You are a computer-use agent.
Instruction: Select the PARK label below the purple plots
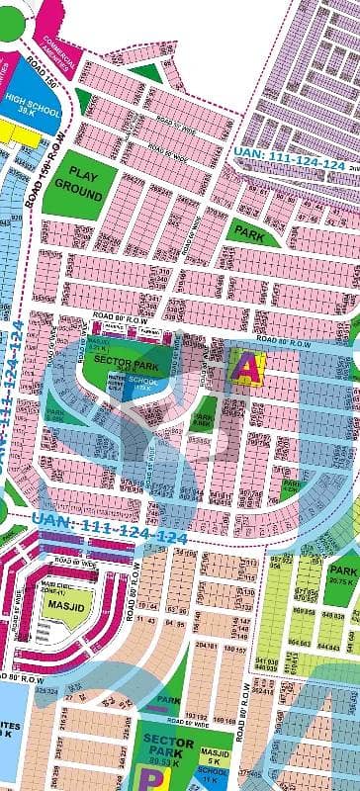coord(246,233)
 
